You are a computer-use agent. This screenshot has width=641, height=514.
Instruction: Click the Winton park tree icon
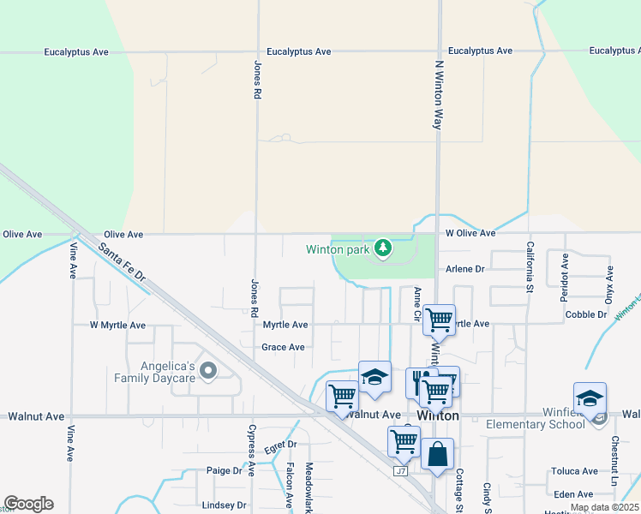(383, 249)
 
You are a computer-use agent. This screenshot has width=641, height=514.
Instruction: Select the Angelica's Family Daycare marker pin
(207, 371)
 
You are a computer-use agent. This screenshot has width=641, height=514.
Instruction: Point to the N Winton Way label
(439, 93)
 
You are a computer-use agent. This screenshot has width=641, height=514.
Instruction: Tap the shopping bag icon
(437, 455)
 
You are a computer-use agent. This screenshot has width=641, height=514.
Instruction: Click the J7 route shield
(400, 471)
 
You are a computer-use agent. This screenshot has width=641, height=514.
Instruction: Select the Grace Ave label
(283, 347)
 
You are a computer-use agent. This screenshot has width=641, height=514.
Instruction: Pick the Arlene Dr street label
(465, 269)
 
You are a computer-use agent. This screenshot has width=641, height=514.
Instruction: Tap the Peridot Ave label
(565, 273)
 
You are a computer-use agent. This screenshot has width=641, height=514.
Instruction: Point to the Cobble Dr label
(586, 314)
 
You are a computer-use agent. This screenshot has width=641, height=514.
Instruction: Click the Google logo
(28, 504)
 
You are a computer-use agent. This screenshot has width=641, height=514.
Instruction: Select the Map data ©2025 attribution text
(603, 508)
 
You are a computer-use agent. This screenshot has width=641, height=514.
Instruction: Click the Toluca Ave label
(575, 471)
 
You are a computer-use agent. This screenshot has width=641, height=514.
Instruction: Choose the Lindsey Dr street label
(224, 505)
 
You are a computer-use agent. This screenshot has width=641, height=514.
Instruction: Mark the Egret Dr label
(280, 445)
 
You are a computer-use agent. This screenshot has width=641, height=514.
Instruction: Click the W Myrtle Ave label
(117, 326)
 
